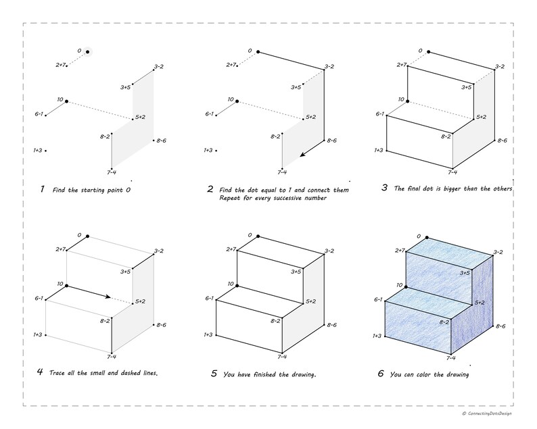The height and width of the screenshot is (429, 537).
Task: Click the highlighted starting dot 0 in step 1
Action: (x=88, y=51)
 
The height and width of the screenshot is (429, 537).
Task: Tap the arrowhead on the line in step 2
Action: (x=303, y=154)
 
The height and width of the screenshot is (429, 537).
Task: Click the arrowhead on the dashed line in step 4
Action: (x=108, y=297)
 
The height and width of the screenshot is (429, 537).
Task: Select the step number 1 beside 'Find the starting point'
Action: (x=42, y=189)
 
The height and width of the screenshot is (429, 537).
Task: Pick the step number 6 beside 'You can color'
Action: (x=381, y=373)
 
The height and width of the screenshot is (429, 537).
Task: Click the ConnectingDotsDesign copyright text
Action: (x=487, y=413)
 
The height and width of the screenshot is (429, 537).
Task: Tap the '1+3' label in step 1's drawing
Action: (x=38, y=150)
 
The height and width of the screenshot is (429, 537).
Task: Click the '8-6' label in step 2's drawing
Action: (x=331, y=141)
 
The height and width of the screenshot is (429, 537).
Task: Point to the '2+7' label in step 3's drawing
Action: (x=402, y=65)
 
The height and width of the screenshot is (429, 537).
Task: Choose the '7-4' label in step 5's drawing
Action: (x=282, y=357)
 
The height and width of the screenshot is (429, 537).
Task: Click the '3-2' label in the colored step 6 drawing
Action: (x=498, y=252)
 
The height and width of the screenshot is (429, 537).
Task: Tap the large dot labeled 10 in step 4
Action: (x=66, y=286)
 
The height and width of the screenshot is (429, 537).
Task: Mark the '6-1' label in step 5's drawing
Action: (x=209, y=299)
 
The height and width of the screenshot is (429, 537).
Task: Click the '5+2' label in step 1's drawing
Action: (x=140, y=117)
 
